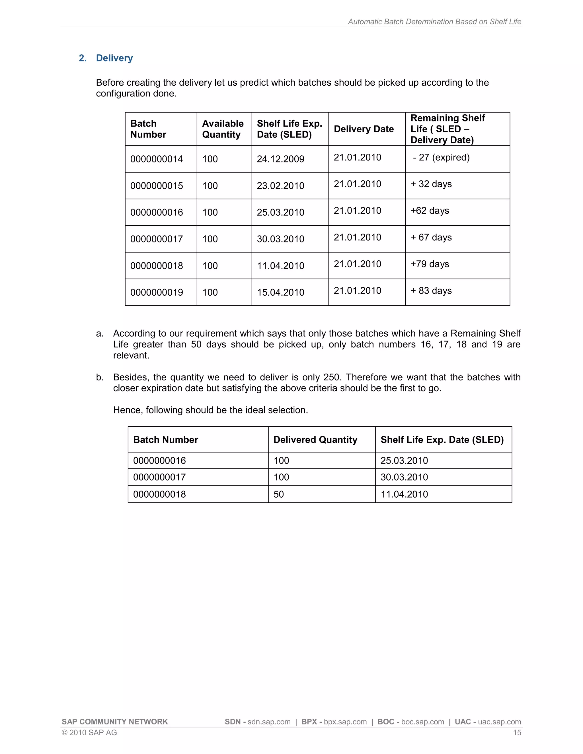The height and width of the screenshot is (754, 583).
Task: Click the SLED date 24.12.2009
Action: click(x=280, y=159)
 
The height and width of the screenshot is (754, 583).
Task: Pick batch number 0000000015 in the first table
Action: click(x=157, y=186)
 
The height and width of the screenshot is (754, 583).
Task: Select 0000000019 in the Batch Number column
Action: click(x=157, y=292)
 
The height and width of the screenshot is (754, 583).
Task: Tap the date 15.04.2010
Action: click(x=280, y=292)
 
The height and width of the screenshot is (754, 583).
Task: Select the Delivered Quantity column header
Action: click(x=315, y=440)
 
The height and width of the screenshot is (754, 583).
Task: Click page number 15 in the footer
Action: click(x=517, y=733)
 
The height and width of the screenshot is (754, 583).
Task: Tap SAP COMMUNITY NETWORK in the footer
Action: click(x=115, y=722)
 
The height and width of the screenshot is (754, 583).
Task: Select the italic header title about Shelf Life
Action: click(x=434, y=21)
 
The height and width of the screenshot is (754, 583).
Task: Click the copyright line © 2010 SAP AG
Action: click(x=89, y=733)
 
